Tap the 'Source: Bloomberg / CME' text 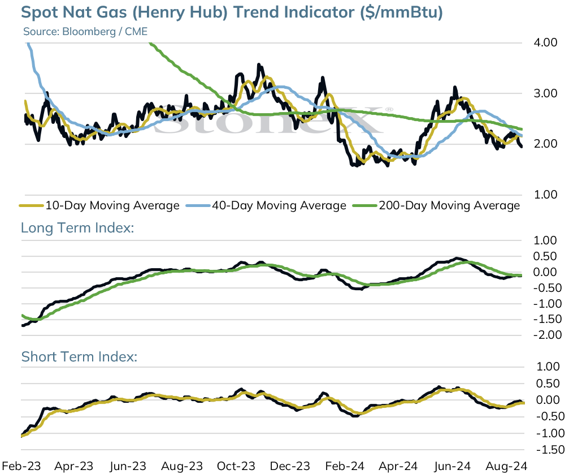pyautogui.click(x=85, y=32)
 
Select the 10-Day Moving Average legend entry pyautogui.click(x=99, y=205)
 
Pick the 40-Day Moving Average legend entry pyautogui.click(x=266, y=205)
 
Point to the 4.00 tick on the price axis pyautogui.click(x=545, y=42)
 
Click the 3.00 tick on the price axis pyautogui.click(x=545, y=93)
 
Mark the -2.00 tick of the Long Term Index pyautogui.click(x=548, y=334)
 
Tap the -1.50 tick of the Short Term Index pyautogui.click(x=550, y=450)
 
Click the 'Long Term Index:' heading pyautogui.click(x=77, y=228)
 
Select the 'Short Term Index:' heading pyautogui.click(x=79, y=357)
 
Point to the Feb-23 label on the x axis pyautogui.click(x=21, y=466)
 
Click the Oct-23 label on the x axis pyautogui.click(x=236, y=466)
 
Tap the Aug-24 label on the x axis pyautogui.click(x=506, y=466)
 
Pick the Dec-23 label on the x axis pyautogui.click(x=290, y=466)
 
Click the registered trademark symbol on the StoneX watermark pyautogui.click(x=389, y=109)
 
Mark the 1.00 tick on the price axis pyautogui.click(x=545, y=195)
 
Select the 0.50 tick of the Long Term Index pyautogui.click(x=545, y=256)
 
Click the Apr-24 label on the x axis pyautogui.click(x=398, y=466)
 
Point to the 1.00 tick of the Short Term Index pyautogui.click(x=548, y=367)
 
